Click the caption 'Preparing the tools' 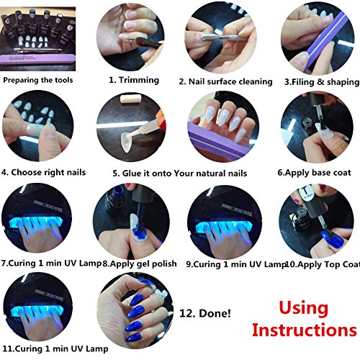[x=38, y=80]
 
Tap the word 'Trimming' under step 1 [x=139, y=80]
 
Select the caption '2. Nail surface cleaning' [x=225, y=81]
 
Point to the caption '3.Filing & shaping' [x=322, y=82]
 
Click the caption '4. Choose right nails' [x=43, y=172]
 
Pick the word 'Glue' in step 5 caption [x=132, y=174]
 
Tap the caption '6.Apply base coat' [x=314, y=173]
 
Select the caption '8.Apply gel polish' [x=140, y=264]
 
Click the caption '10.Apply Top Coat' [x=323, y=264]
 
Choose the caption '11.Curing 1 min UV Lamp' [x=55, y=348]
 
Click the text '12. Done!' [x=205, y=313]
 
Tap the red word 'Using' [x=304, y=308]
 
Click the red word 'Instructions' [x=305, y=330]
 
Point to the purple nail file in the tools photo [x=37, y=59]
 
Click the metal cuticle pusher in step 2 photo [x=222, y=37]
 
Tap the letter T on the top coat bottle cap [x=305, y=191]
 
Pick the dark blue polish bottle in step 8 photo [x=115, y=197]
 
